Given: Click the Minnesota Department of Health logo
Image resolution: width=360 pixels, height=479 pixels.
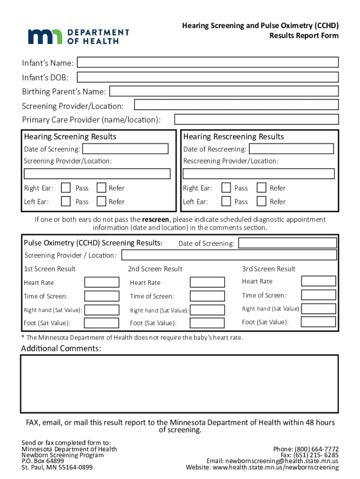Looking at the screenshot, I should pos(78,36).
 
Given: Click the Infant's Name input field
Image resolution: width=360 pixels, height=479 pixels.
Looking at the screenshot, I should pos(208,63).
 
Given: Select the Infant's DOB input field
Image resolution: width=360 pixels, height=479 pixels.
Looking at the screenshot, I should pos(208,77).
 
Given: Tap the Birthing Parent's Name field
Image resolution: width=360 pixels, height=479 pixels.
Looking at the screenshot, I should pos(223,91).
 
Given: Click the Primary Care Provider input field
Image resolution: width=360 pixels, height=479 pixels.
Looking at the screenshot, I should pos(256,120).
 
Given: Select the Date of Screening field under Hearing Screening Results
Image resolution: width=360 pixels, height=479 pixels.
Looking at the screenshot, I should pos(125,149).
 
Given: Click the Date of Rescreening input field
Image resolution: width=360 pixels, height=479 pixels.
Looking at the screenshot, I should pos(291,149).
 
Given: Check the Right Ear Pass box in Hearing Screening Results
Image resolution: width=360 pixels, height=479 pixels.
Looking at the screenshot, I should pos(66,188).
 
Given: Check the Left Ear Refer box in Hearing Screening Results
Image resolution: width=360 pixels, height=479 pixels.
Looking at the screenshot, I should pos(101,202).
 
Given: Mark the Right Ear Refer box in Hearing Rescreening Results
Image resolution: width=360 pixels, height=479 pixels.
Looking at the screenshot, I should pos(261,188).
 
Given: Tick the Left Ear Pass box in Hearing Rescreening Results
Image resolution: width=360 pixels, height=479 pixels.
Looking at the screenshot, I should pos(226,202).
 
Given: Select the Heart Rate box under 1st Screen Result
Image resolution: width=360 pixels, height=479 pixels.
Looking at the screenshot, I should pos(101,282).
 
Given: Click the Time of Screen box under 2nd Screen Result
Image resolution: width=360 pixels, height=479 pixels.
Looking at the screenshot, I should pos(207,296).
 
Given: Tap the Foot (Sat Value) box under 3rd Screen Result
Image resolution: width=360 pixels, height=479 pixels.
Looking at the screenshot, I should pos(318,322).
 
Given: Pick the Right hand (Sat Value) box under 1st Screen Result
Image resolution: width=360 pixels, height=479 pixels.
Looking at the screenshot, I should pos(101,310).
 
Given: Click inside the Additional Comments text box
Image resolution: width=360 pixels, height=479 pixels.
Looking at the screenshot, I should pos(179,384).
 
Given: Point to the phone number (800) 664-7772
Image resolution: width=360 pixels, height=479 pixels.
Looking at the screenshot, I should pos(317,449).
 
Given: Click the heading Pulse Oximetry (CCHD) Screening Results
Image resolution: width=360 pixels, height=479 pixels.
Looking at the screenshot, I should pos(93,243).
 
